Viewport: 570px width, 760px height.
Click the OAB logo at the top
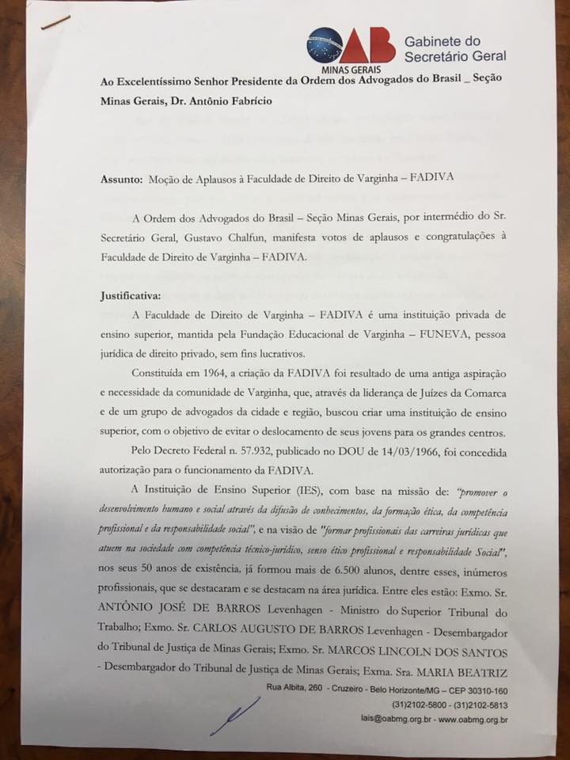[351, 46]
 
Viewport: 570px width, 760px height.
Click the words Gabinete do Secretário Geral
[454, 49]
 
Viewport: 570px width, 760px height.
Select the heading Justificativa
[131, 295]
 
